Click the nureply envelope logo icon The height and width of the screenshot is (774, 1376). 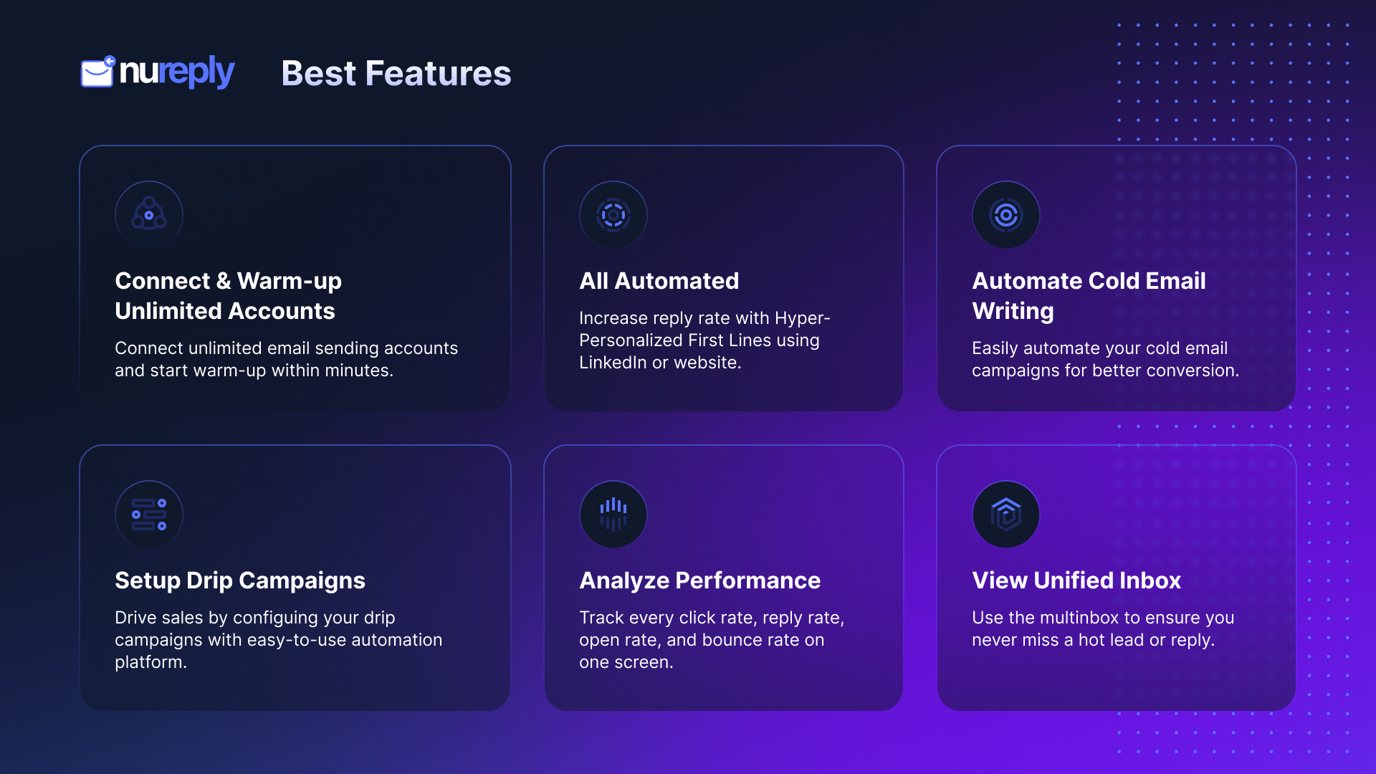click(x=97, y=72)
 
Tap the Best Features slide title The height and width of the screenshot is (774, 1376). click(x=396, y=73)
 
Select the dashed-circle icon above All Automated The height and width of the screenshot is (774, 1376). click(x=613, y=214)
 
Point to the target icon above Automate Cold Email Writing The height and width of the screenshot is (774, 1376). click(x=1006, y=214)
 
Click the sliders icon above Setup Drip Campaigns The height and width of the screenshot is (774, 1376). click(x=149, y=514)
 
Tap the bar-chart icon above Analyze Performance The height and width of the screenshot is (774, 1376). click(x=613, y=514)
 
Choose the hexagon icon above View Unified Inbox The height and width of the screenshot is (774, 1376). click(x=1006, y=514)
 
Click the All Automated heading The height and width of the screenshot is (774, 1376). click(x=659, y=281)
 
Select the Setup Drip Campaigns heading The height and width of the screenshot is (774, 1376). click(x=240, y=580)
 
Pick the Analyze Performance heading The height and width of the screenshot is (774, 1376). click(x=700, y=580)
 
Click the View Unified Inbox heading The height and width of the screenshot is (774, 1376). click(x=1076, y=580)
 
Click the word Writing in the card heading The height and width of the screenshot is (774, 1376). click(x=1013, y=311)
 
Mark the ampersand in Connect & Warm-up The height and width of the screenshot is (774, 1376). click(x=224, y=281)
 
